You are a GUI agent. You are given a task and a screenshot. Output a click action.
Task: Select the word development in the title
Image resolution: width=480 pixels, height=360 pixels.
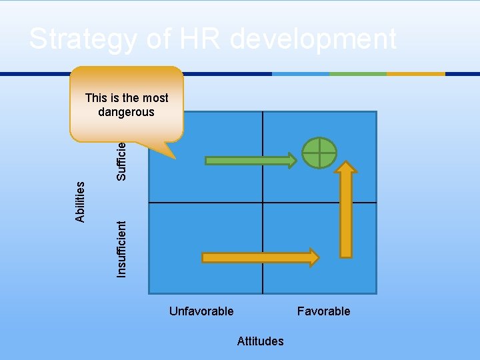(x=313, y=39)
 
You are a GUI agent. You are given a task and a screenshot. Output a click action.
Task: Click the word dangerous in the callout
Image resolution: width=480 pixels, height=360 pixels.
(x=126, y=112)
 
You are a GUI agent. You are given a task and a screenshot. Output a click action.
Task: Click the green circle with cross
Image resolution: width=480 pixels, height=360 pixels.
(x=319, y=153)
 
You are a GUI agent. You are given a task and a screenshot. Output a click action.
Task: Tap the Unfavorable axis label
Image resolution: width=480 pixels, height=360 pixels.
(x=201, y=311)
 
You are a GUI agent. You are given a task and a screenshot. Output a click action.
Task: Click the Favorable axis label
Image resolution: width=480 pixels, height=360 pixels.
(x=323, y=311)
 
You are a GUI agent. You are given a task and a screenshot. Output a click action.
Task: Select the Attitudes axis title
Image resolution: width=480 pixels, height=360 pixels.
(x=260, y=341)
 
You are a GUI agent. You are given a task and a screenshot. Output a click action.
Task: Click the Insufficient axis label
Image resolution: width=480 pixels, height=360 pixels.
(x=121, y=248)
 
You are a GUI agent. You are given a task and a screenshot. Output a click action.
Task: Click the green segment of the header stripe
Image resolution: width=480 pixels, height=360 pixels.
(x=357, y=73)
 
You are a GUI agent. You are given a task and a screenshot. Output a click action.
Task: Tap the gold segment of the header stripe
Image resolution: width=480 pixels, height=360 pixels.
(x=415, y=73)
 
